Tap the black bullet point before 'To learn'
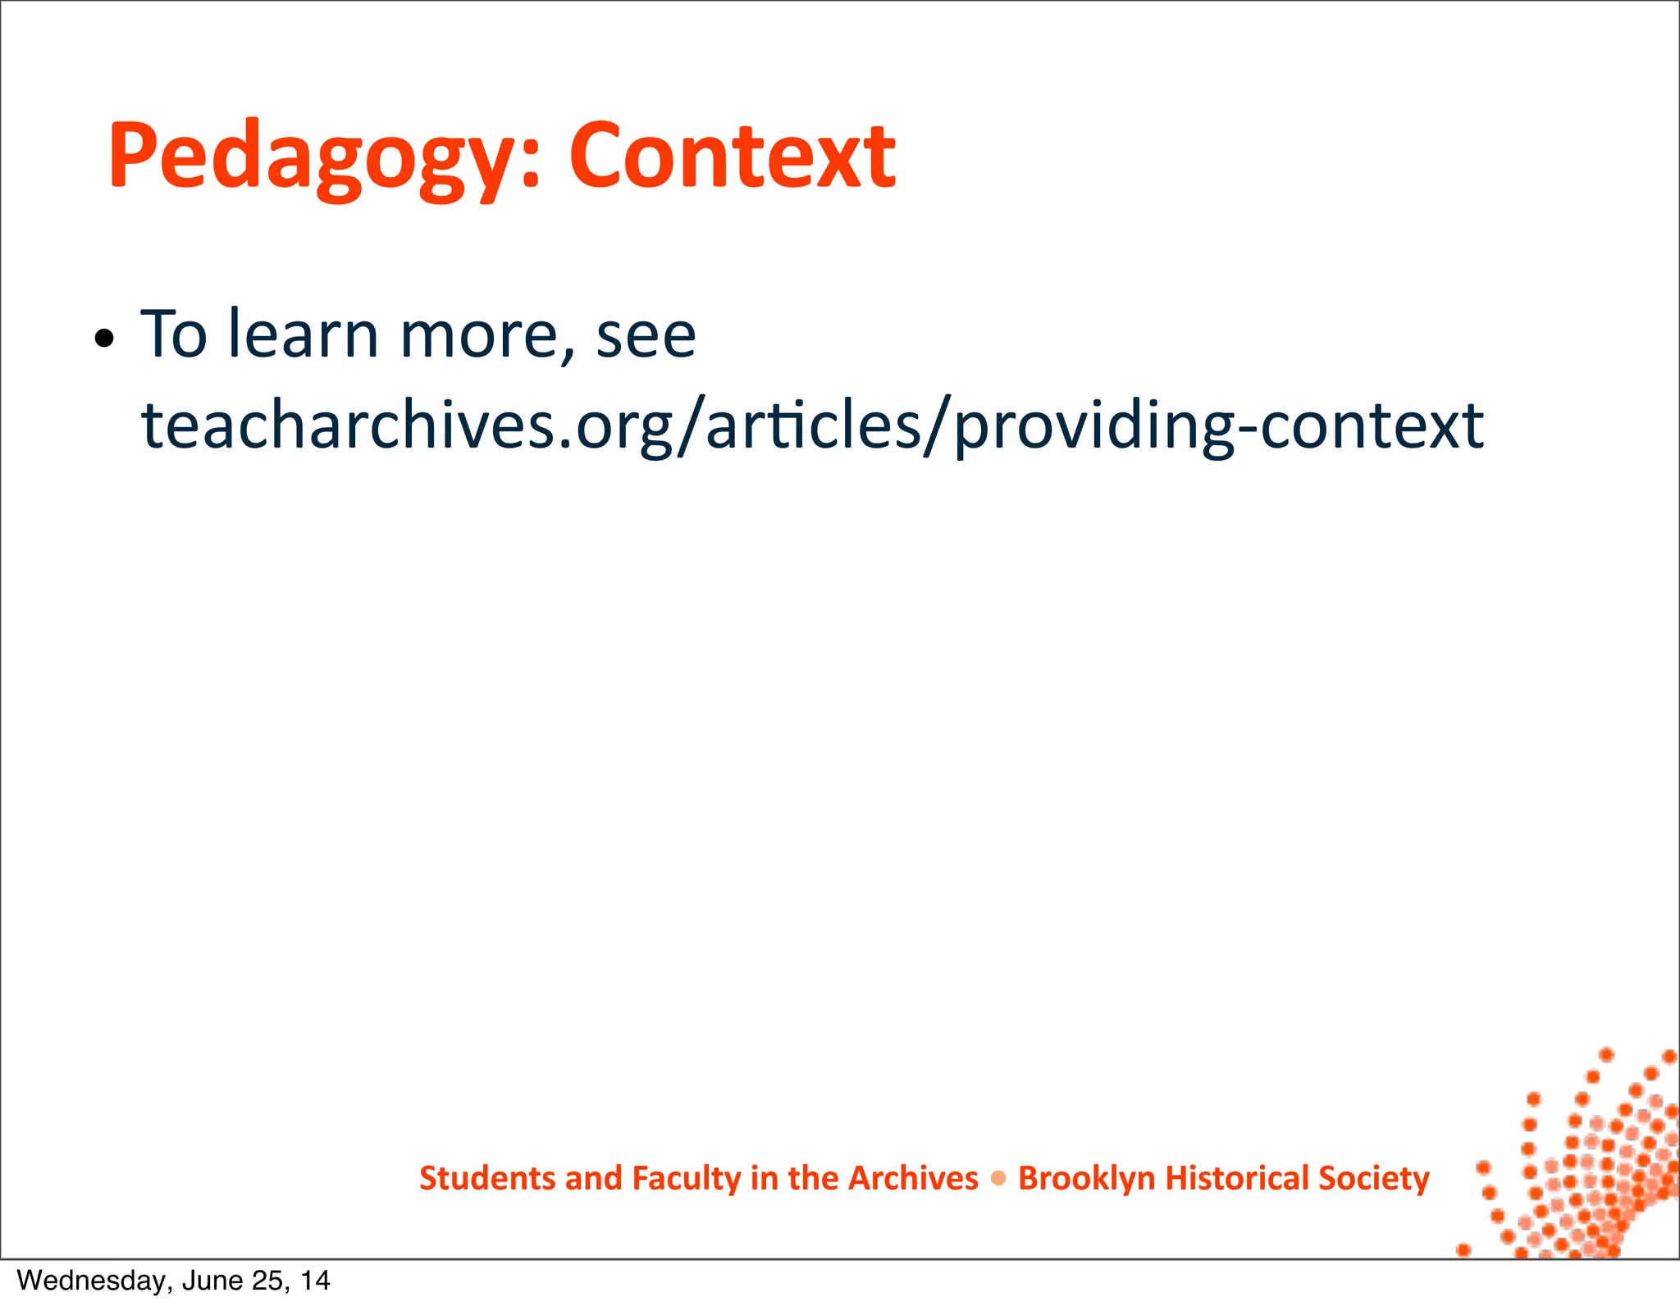103,339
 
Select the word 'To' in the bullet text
173,334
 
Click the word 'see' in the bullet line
646,335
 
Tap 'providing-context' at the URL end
1219,425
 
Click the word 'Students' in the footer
487,1178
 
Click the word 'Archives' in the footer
912,1178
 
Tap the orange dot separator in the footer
998,1178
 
